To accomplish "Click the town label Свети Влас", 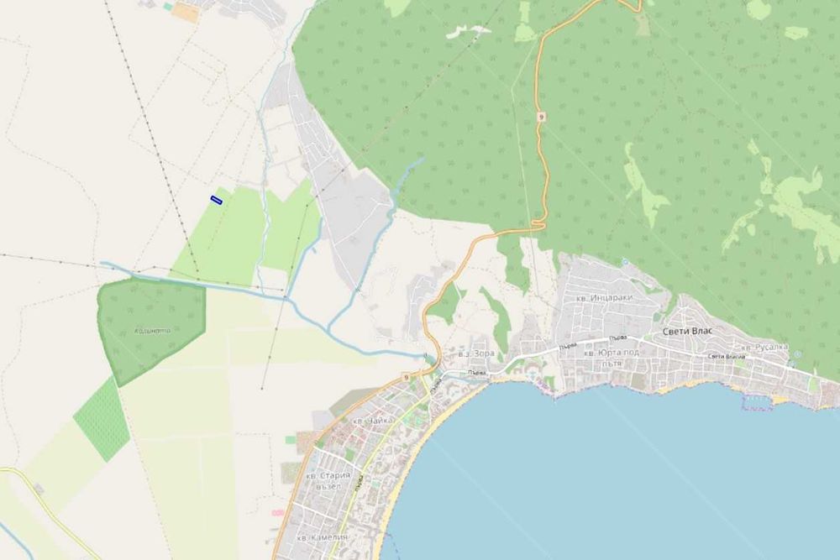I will point(687,331).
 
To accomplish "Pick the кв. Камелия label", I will point(317,536).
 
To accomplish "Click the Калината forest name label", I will point(152,330).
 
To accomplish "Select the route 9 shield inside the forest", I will point(541,117).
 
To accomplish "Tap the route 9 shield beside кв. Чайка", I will point(406,378).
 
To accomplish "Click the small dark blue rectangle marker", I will point(216,199).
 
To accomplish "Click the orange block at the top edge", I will point(186,13).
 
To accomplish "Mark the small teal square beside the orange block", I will point(168,7).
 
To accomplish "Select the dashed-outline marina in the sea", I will point(759,401).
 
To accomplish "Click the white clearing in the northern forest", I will point(467,32).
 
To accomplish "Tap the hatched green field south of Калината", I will point(102,419).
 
